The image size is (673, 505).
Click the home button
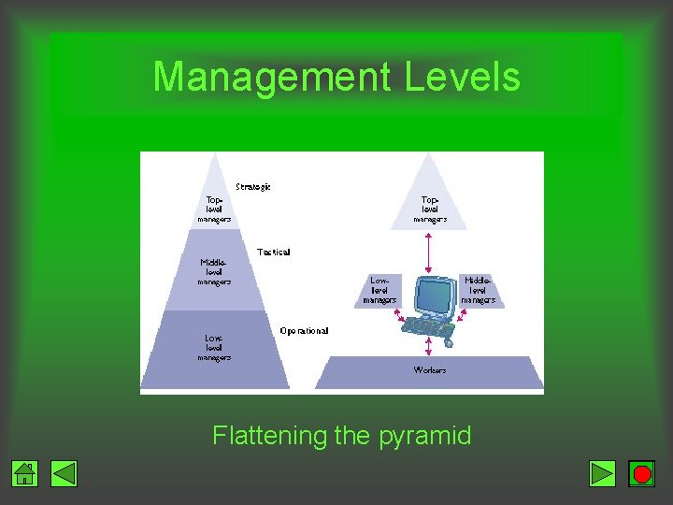(25, 474)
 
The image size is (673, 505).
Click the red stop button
(641, 474)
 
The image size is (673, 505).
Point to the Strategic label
(253, 187)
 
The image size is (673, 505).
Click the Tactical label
(274, 252)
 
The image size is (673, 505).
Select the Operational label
(304, 330)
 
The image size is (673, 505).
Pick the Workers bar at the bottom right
(430, 371)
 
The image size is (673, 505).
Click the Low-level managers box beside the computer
(379, 290)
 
